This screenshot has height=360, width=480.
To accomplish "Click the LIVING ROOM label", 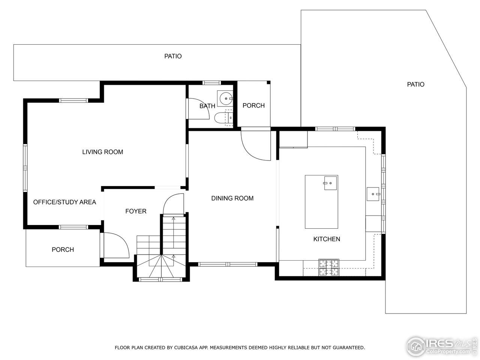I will click(102, 152).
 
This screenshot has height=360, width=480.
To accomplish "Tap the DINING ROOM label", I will click(232, 198).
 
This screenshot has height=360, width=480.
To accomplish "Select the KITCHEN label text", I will click(327, 239).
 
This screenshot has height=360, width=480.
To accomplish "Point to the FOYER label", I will click(136, 211).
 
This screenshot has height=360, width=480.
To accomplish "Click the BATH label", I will click(207, 106).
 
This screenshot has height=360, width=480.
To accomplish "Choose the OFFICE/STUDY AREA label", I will click(64, 202).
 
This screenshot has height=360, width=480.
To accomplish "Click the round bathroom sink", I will click(226, 99).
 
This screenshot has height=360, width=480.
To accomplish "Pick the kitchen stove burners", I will click(329, 267).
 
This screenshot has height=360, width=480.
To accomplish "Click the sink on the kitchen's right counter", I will click(373, 194).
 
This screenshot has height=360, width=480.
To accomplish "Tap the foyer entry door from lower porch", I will click(116, 246).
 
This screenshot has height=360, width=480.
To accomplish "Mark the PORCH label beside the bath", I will click(253, 105).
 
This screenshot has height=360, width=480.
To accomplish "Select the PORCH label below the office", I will click(63, 249).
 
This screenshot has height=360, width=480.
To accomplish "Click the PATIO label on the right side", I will click(415, 84).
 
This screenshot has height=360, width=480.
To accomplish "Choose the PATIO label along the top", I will click(173, 56).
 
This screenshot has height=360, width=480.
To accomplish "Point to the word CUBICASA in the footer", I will click(186, 348).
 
